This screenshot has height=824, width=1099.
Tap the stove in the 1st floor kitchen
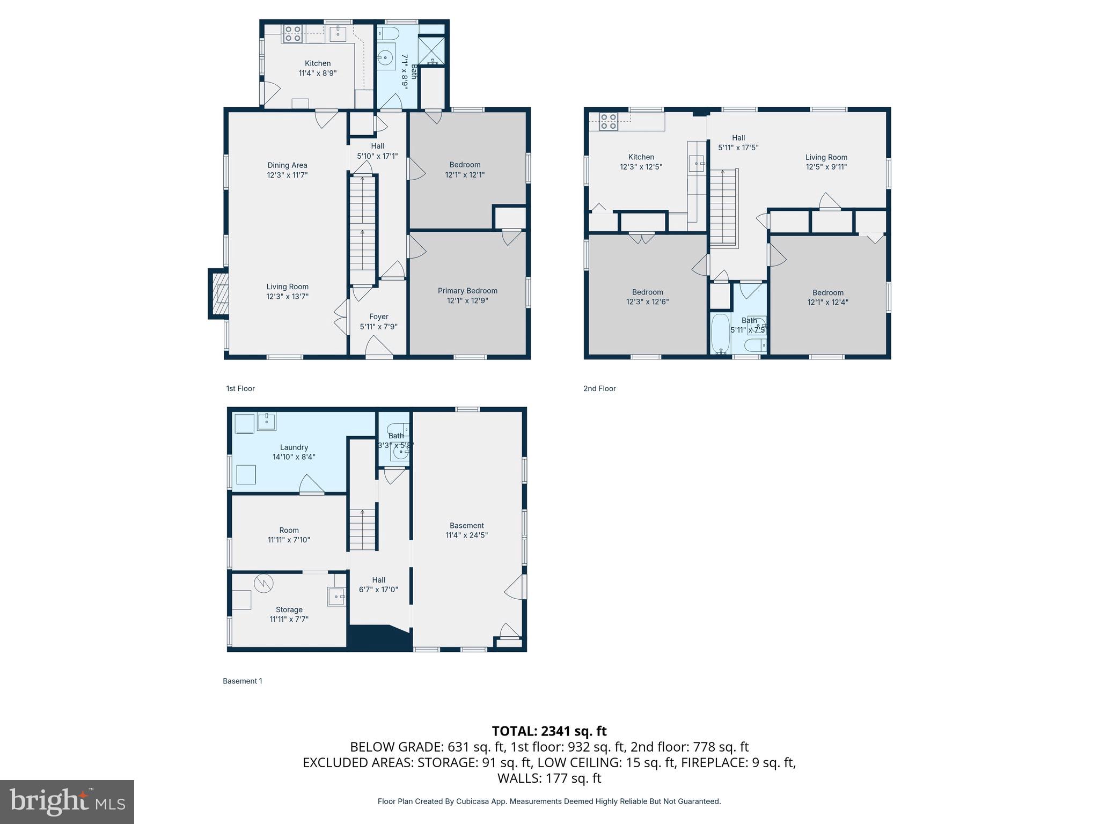click(x=292, y=34)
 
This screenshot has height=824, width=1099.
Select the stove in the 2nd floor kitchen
click(x=608, y=122)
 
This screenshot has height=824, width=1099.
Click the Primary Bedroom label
click(x=467, y=291)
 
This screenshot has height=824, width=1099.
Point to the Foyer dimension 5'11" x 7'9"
click(x=378, y=327)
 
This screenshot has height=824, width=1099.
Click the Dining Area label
click(x=287, y=165)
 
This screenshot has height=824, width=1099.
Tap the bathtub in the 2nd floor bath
click(x=720, y=334)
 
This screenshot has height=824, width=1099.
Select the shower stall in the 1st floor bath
click(x=432, y=50)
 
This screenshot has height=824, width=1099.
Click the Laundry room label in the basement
click(x=294, y=447)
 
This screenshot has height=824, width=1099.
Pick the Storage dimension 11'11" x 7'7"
click(x=289, y=619)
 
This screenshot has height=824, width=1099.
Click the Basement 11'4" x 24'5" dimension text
click(x=466, y=535)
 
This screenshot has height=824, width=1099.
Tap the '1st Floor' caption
click(x=240, y=388)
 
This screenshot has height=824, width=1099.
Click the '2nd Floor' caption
click(x=599, y=388)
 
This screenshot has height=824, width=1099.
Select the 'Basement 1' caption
click(x=243, y=681)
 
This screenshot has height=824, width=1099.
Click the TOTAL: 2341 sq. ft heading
click(x=549, y=731)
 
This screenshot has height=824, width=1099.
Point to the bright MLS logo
click(x=67, y=801)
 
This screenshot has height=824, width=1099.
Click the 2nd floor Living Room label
click(x=826, y=157)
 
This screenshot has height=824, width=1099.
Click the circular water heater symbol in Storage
click(x=263, y=584)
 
